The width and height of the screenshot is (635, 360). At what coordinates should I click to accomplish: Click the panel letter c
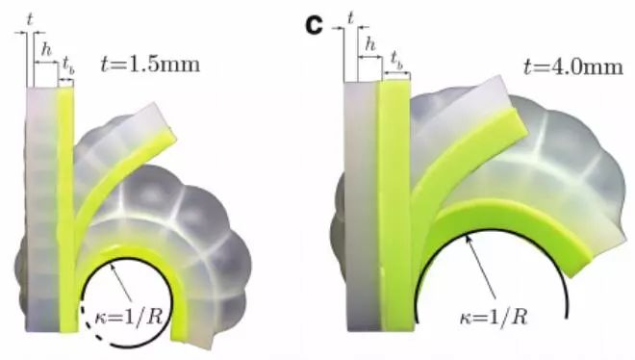coord(314,26)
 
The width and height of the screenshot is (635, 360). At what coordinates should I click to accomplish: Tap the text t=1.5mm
coord(150,64)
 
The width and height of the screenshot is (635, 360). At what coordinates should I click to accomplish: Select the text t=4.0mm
coord(573,66)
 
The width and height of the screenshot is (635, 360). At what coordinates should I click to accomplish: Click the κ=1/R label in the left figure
coord(129,317)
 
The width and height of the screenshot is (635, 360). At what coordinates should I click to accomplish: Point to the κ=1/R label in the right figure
coord(494,317)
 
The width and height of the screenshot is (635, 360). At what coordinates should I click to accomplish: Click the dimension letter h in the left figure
coord(46,50)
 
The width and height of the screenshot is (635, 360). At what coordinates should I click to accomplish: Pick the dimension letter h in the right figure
coord(370,44)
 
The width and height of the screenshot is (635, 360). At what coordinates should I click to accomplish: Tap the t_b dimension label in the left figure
coord(68,65)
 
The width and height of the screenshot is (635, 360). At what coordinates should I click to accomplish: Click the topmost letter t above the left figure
coord(29,19)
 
